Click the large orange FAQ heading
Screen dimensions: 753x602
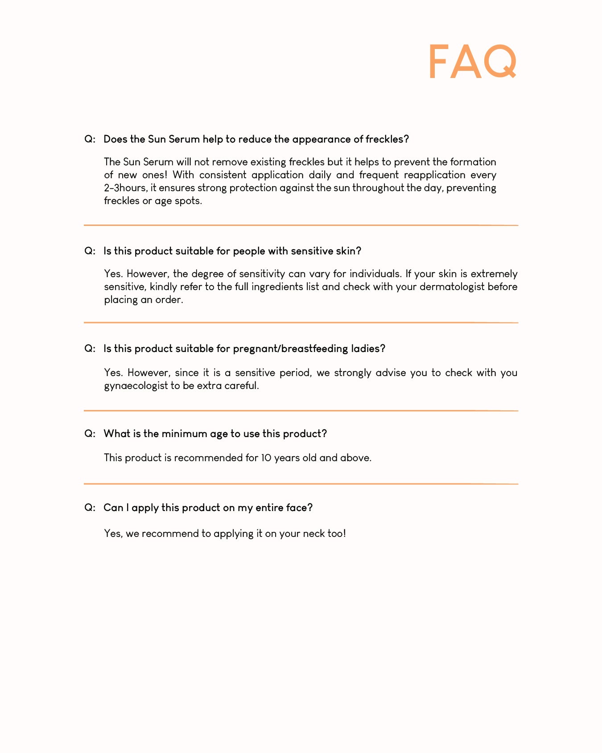point(473,62)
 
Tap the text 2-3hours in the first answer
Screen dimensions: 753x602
point(125,188)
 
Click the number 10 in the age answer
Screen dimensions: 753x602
point(266,458)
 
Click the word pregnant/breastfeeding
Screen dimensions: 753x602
point(290,349)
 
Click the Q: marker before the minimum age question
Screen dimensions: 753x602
point(90,434)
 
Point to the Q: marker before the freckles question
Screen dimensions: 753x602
point(90,139)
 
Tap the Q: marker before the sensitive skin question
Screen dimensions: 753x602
point(90,251)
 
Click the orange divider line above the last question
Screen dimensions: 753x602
point(301,483)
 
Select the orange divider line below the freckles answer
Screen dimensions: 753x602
point(301,225)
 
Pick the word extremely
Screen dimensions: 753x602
point(494,274)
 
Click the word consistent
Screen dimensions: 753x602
point(223,175)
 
